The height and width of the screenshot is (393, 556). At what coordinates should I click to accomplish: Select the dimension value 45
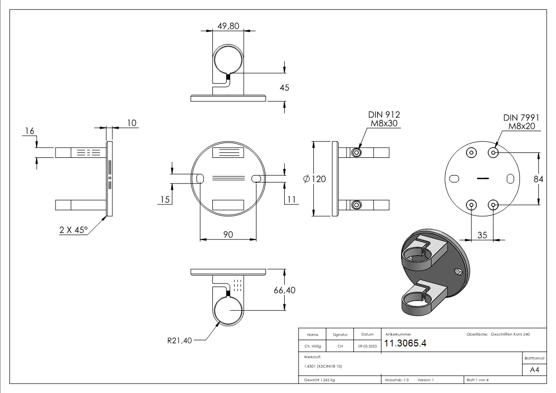tap(284, 88)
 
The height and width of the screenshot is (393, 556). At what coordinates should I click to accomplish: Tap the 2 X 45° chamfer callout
tap(73, 230)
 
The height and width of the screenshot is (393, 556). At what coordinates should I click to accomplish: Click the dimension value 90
tap(228, 234)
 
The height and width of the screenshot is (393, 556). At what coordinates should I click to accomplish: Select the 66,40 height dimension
tap(284, 290)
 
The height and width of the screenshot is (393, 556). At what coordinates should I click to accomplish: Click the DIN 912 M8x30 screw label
tap(382, 119)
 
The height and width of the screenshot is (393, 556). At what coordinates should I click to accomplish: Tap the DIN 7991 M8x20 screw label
tap(521, 122)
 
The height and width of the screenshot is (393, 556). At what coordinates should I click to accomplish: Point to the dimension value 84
tap(539, 179)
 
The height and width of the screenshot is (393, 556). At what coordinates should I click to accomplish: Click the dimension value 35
tap(482, 235)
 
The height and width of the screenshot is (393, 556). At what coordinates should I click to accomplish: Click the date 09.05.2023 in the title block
tap(367, 346)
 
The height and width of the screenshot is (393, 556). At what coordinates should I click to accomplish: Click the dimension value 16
tap(29, 131)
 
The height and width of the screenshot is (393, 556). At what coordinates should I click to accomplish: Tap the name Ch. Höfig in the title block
tap(312, 346)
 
